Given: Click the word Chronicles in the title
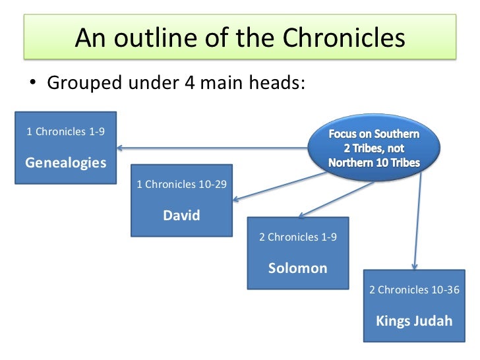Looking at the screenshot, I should [x=343, y=39].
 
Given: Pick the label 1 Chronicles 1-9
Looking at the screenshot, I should [x=65, y=131].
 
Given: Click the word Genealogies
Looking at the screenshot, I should [x=65, y=162].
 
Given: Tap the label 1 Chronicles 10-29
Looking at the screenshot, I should [x=181, y=185].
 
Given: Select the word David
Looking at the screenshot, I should [x=181, y=216].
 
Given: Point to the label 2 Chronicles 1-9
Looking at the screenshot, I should [x=298, y=237].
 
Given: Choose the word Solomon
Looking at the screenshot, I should [x=297, y=268].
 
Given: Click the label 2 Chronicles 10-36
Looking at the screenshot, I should [x=414, y=290].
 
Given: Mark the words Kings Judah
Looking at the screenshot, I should [x=414, y=321].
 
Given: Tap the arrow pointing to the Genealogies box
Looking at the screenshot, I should [x=211, y=148].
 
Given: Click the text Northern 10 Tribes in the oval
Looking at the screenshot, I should [x=373, y=162].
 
